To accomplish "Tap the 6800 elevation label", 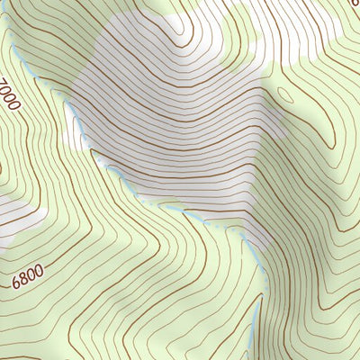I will (28, 275).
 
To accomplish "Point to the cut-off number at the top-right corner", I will (355, 4).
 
